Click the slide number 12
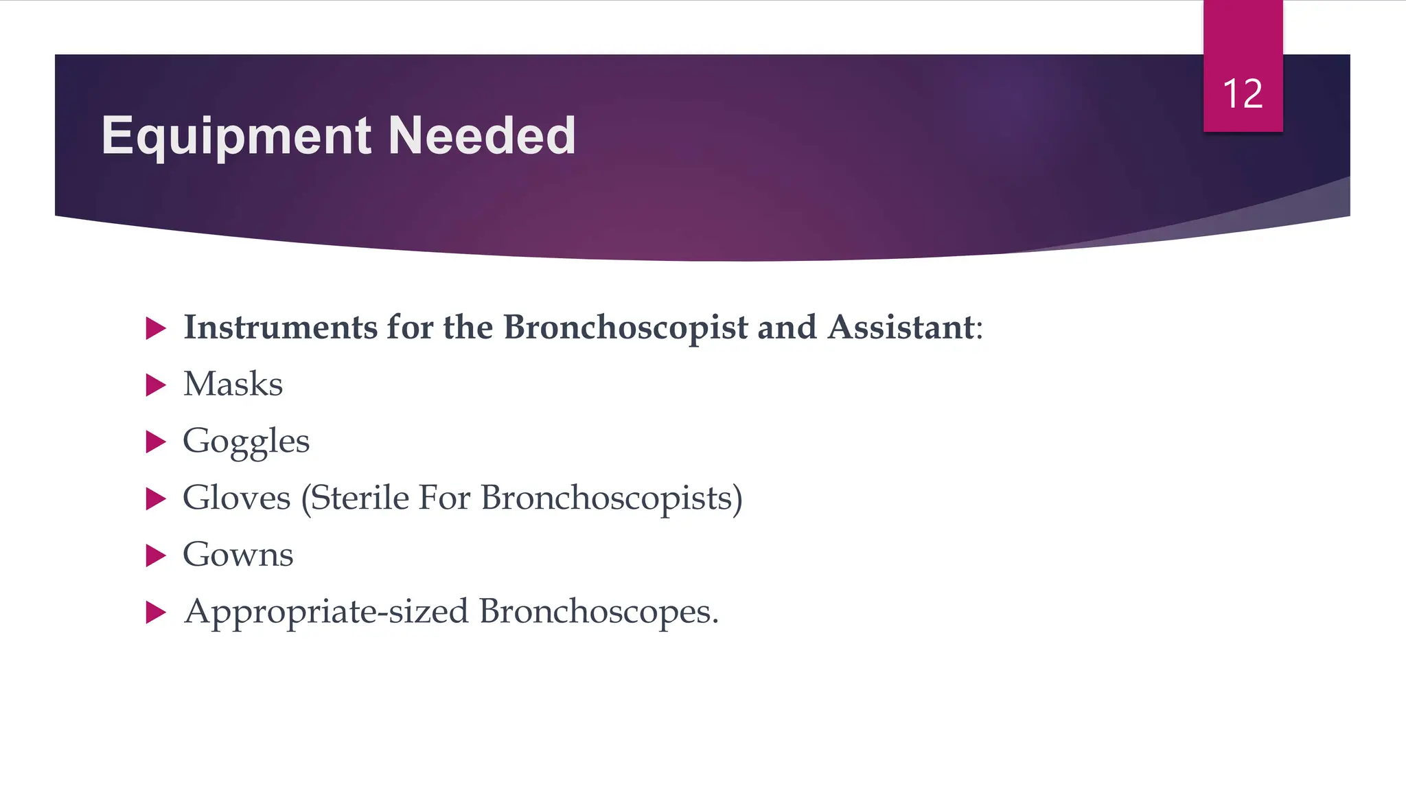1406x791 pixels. pos(1243,93)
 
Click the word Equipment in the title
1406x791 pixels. pos(236,136)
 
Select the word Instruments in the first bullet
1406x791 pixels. pos(280,327)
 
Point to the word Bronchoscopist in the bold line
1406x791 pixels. pos(625,328)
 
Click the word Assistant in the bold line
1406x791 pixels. pos(901,327)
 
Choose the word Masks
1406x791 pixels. pos(233,384)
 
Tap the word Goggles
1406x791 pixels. pos(246,442)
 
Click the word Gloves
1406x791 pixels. pos(236,498)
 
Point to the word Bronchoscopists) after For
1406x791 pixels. pos(612,498)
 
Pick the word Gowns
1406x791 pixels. pos(238,555)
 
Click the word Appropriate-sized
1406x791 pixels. pos(326,612)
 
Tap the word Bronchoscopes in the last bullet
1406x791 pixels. pos(598,612)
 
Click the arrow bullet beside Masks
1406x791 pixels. pos(156,385)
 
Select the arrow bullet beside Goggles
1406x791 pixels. pos(156,442)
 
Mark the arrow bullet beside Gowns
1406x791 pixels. pos(156,555)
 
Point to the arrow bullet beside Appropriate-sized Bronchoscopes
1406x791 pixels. pos(156,612)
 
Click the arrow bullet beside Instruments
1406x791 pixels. pos(156,328)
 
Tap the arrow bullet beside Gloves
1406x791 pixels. pos(156,499)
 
